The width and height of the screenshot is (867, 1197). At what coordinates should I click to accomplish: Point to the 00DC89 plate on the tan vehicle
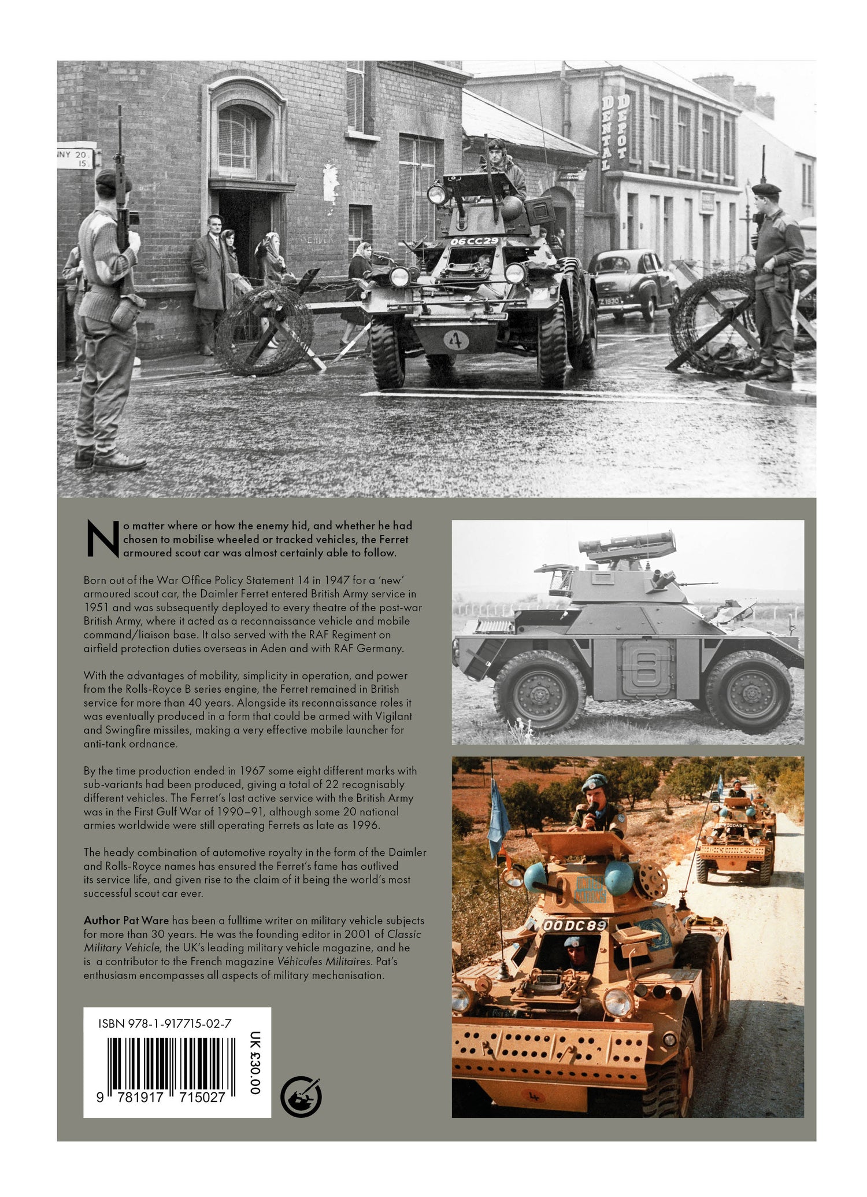click(x=575, y=926)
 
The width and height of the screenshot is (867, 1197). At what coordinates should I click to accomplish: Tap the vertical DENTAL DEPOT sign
click(x=614, y=132)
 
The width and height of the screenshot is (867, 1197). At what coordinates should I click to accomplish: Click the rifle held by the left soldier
click(x=123, y=191)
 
